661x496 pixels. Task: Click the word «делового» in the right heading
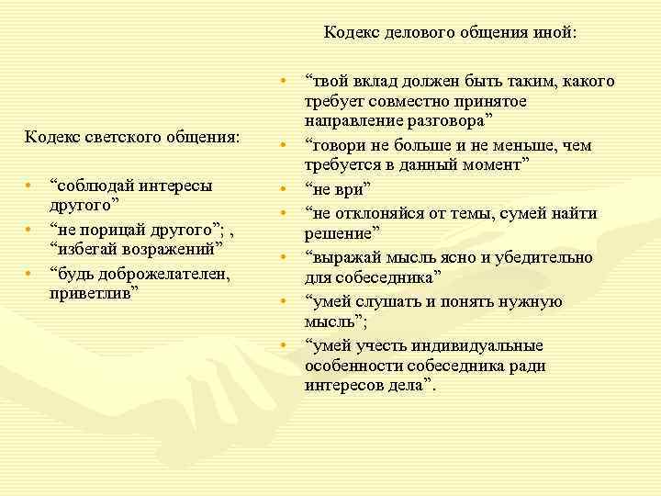(x=415, y=32)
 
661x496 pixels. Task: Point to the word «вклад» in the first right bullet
(x=377, y=82)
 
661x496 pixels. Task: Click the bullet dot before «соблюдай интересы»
(x=29, y=185)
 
